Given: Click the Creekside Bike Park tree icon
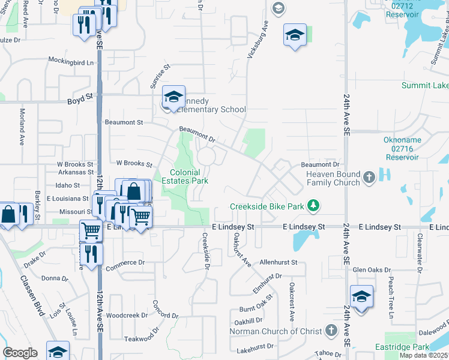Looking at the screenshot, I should [x=312, y=206].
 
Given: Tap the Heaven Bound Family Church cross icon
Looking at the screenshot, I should [x=369, y=178].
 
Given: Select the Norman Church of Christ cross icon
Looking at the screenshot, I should [x=331, y=331].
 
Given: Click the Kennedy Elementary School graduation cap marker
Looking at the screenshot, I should [x=173, y=97].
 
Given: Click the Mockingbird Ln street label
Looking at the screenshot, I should [x=72, y=62].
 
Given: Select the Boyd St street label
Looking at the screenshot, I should [x=80, y=95].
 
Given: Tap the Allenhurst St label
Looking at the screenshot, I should [x=279, y=262].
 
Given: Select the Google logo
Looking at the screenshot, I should [x=20, y=352].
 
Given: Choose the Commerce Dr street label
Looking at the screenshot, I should [x=125, y=262].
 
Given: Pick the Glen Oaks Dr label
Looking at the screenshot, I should [x=372, y=270].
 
